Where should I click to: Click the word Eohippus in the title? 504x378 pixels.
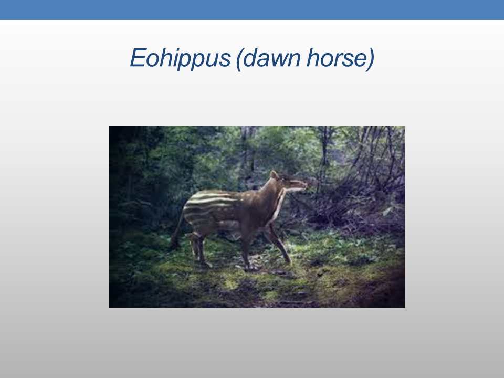[x=180, y=58]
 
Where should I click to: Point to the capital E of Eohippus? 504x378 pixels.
[x=138, y=58]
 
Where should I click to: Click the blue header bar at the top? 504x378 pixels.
[x=252, y=9]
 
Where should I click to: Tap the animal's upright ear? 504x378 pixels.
[x=274, y=175]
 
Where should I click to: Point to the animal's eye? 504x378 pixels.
[x=284, y=178]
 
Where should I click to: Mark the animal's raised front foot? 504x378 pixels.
[x=287, y=259]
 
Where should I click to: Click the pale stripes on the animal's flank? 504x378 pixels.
[x=209, y=206]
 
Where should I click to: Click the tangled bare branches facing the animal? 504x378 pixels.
[x=353, y=193]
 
